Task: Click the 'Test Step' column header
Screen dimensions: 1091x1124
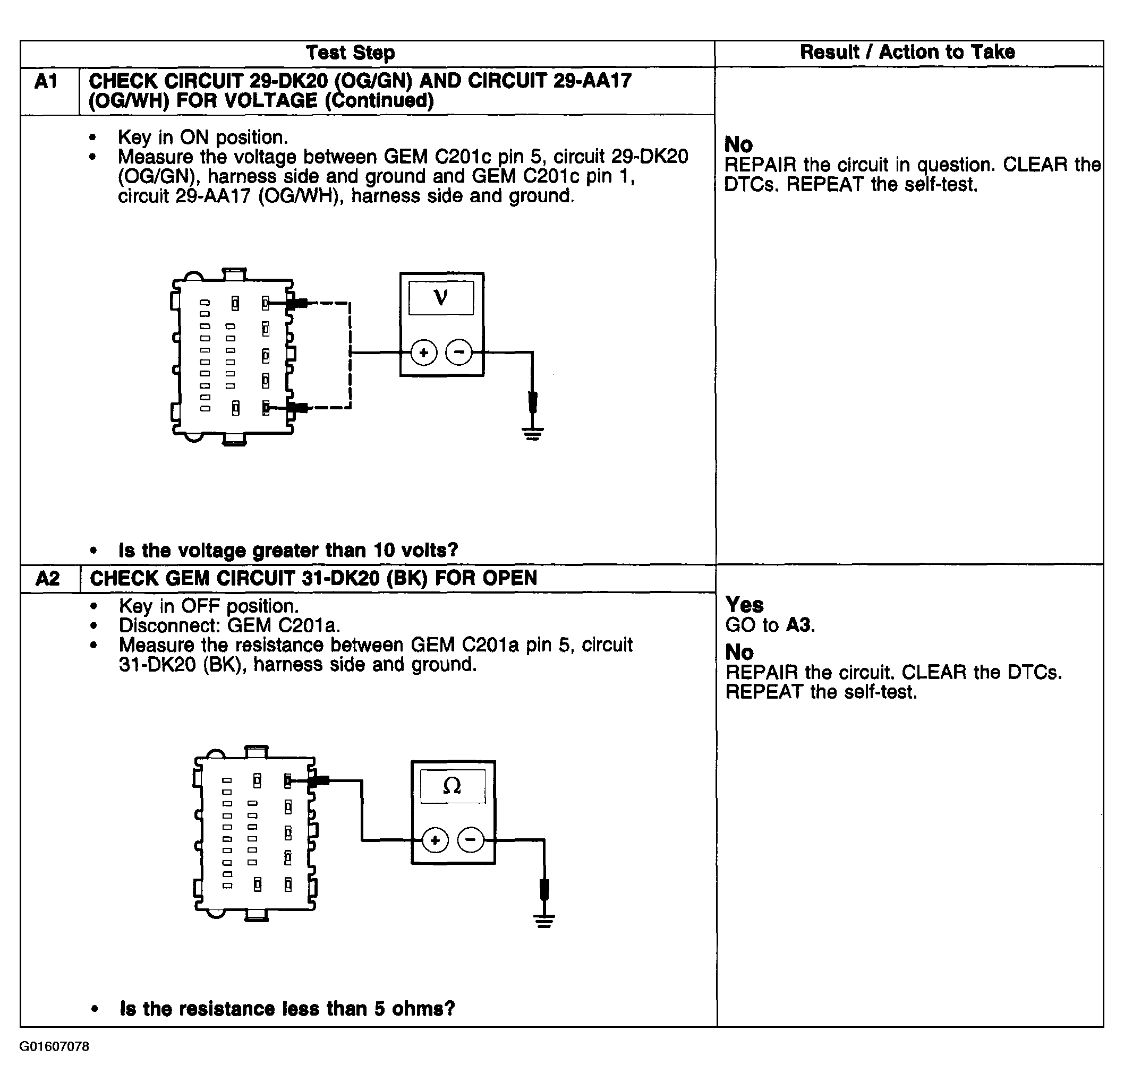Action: pos(351,53)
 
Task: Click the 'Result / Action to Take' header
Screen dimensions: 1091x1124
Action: pos(907,52)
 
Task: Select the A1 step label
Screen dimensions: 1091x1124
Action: pos(46,81)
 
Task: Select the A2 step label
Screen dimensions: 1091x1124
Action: pos(47,578)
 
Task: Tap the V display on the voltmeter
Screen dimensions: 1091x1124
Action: pos(441,297)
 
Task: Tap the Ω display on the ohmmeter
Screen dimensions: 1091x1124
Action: pos(453,786)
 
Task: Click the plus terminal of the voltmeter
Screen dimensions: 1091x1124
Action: pos(424,353)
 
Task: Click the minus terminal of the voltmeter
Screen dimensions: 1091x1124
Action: pos(459,352)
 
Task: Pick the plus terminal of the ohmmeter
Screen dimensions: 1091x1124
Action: pos(435,840)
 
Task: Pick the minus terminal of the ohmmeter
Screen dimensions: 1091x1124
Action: pos(471,840)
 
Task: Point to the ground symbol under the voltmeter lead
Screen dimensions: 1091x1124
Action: pos(533,433)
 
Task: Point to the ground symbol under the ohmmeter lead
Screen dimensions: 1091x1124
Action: pos(544,921)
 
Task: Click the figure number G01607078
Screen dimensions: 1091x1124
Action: pos(55,1047)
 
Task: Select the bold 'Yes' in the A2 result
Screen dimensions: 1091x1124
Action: pos(744,605)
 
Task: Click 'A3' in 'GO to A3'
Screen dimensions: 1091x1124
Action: pos(799,625)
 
